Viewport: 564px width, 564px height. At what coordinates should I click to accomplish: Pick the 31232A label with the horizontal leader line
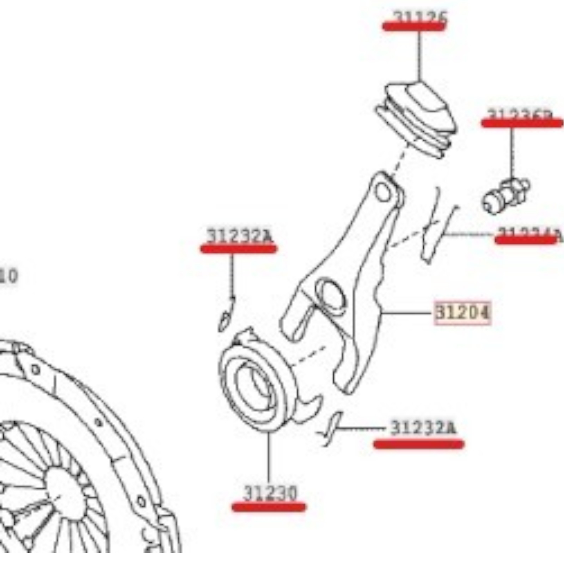coord(423,428)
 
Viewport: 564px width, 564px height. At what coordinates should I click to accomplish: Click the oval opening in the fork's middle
coord(331,294)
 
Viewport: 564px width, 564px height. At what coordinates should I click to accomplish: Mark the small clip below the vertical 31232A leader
coord(226,315)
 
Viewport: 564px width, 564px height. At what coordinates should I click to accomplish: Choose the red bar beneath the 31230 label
coord(269,507)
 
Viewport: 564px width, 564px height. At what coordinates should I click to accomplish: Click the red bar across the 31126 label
coord(415,26)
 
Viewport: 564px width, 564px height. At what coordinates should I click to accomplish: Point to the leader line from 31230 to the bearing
coord(269,458)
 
